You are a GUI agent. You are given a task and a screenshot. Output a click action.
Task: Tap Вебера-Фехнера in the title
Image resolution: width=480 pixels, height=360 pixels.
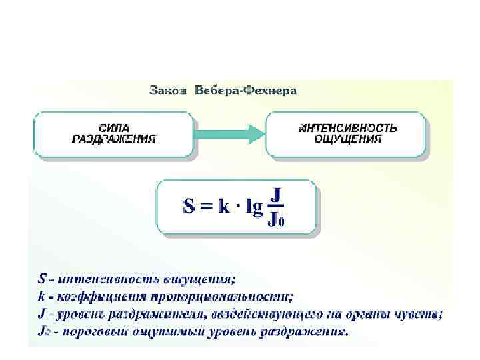tap(245, 90)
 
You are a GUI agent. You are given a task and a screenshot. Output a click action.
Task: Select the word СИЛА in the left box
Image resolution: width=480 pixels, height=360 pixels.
tap(114, 127)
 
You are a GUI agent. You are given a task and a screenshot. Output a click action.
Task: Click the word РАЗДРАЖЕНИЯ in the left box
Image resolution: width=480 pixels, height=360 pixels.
tap(114, 139)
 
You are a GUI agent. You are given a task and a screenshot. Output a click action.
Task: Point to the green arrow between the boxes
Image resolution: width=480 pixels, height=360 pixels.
tap(229, 133)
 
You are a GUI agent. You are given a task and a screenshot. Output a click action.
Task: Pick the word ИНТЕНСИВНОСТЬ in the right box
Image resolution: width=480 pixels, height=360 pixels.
tap(347, 127)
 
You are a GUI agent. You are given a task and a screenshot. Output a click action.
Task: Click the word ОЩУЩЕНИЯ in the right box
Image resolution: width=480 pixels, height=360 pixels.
tap(348, 139)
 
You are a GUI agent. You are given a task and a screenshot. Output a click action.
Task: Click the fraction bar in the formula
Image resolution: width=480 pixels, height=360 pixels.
tap(277, 207)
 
